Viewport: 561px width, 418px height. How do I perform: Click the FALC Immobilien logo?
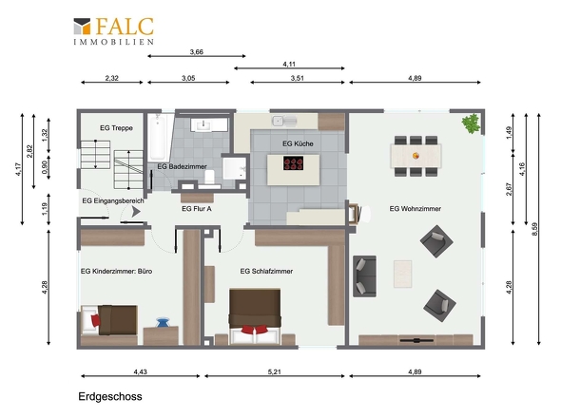pyautogui.click(x=114, y=31)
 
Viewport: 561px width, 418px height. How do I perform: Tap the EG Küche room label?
pyautogui.click(x=298, y=143)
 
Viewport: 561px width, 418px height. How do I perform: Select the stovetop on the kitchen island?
pyautogui.click(x=294, y=163)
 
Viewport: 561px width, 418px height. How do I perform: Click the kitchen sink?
pyautogui.click(x=284, y=122)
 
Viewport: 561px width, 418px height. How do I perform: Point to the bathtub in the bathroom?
pyautogui.click(x=158, y=138)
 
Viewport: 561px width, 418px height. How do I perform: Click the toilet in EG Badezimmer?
pyautogui.click(x=209, y=178)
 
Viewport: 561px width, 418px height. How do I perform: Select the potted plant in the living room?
pyautogui.click(x=472, y=123)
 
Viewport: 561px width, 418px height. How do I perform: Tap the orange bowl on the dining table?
pyautogui.click(x=416, y=156)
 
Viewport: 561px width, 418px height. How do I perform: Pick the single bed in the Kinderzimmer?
pyautogui.click(x=109, y=319)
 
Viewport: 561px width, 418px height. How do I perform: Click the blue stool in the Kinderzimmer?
pyautogui.click(x=163, y=322)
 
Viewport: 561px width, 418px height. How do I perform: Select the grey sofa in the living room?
pyautogui.click(x=364, y=276)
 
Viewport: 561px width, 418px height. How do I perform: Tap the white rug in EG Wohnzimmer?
pyautogui.click(x=403, y=274)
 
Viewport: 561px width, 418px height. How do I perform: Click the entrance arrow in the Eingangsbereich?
pyautogui.click(x=136, y=212)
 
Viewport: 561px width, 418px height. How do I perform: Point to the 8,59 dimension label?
pyautogui.click(x=534, y=229)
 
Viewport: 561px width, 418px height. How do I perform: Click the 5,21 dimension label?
pyautogui.click(x=275, y=371)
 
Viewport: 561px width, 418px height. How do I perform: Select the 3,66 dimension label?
pyautogui.click(x=197, y=52)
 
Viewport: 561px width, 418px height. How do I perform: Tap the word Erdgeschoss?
pyautogui.click(x=110, y=396)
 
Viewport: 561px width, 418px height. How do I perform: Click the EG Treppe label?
pyautogui.click(x=116, y=128)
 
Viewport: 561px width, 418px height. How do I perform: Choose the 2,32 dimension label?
pyautogui.click(x=111, y=78)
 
